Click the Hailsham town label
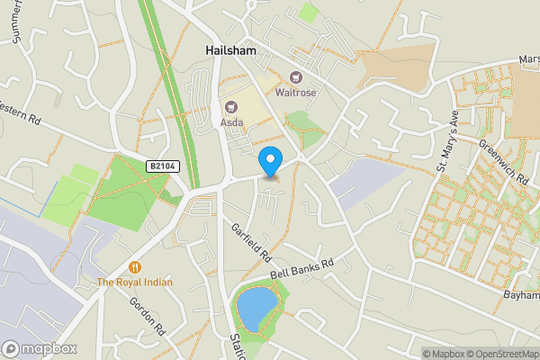coord(229,51)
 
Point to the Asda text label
coord(232,122)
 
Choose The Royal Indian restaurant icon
coord(134,266)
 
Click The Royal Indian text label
coord(134,282)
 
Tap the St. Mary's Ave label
coord(447,142)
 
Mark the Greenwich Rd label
coord(502,163)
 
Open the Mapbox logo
coord(40,349)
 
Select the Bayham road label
coord(521,294)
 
